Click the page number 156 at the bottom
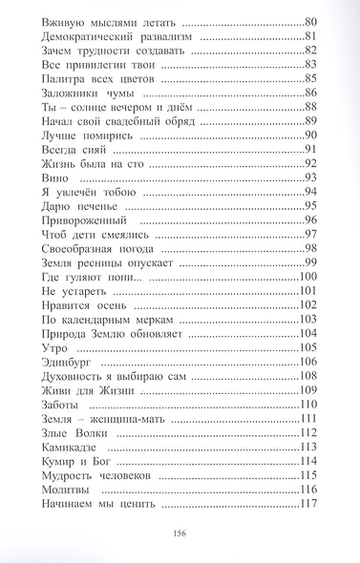(x=180, y=534)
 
